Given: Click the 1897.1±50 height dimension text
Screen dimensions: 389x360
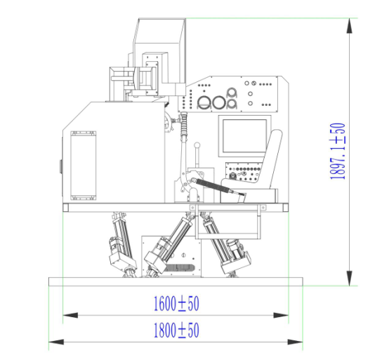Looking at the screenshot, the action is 338,151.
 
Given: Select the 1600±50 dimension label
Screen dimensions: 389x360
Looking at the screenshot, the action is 176,304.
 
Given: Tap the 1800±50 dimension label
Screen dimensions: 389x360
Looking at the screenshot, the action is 176,331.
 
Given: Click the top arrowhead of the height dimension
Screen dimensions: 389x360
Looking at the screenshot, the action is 349,25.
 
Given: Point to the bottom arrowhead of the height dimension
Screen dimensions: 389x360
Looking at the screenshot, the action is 349,278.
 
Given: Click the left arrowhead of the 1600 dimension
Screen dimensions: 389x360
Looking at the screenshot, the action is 70,315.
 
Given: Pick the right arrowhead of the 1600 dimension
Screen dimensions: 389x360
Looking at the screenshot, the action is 281,315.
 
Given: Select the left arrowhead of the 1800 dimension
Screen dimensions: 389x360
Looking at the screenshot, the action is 56,342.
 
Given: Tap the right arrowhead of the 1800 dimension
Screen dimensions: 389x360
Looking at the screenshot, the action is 295,342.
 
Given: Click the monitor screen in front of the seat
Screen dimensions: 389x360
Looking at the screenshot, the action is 244,136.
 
